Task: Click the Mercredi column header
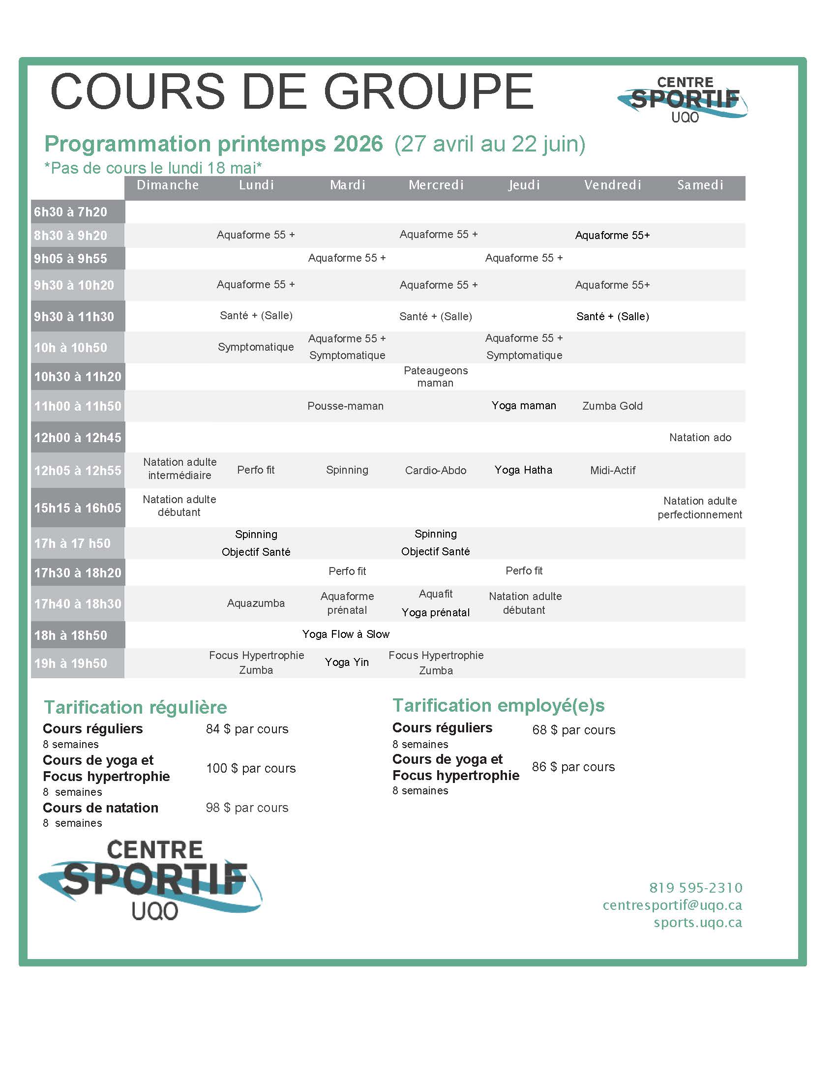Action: coord(436,185)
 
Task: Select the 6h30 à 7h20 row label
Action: coord(70,212)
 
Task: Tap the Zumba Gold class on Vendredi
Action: coord(612,406)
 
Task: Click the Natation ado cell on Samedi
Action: coord(700,437)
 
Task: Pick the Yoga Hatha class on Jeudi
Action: coord(523,470)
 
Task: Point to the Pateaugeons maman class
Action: coord(435,377)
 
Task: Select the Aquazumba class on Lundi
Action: coord(256,603)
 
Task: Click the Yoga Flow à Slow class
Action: coord(346,634)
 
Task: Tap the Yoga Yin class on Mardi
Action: coord(347,662)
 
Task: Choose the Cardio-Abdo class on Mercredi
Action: coord(435,470)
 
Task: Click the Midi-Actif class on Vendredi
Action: coord(613,470)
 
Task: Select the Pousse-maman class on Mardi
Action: coord(345,406)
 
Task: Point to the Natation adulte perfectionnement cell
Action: coord(700,508)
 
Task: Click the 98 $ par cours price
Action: coord(247,808)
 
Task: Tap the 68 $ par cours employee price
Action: coord(573,730)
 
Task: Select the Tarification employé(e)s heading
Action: coord(498,705)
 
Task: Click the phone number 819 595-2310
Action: coord(695,888)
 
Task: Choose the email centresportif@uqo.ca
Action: coord(672,905)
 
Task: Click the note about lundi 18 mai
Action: coord(152,168)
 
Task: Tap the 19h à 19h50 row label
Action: coord(70,663)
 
